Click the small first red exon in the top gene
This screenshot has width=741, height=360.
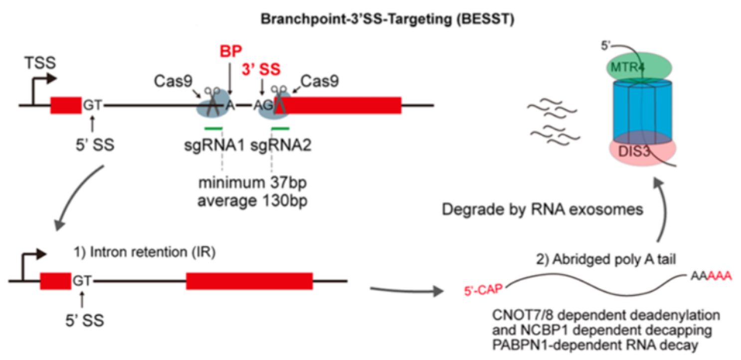(x=66, y=105)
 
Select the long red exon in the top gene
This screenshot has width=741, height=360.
(x=344, y=105)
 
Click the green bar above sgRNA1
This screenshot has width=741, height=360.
(x=213, y=129)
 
